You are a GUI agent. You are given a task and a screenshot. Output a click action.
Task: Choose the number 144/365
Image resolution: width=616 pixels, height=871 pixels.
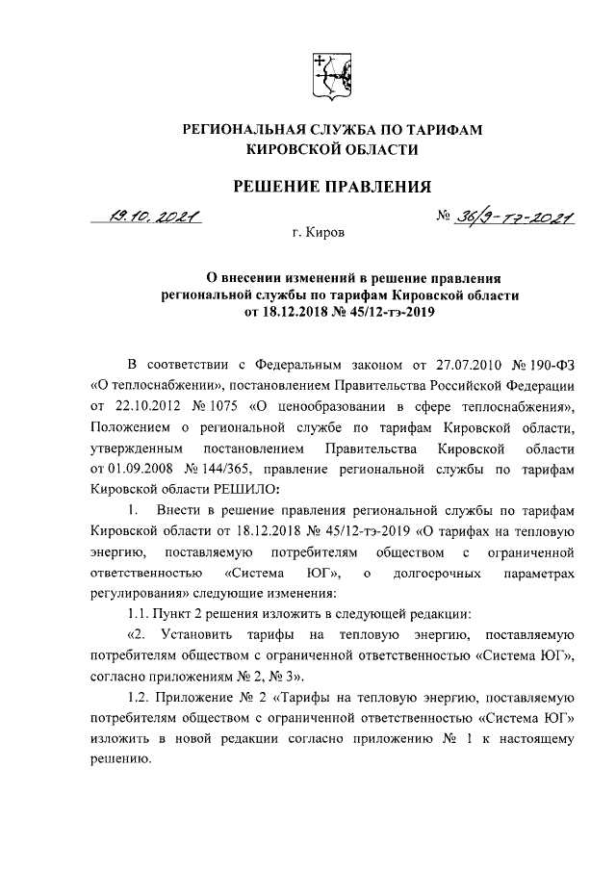228,469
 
